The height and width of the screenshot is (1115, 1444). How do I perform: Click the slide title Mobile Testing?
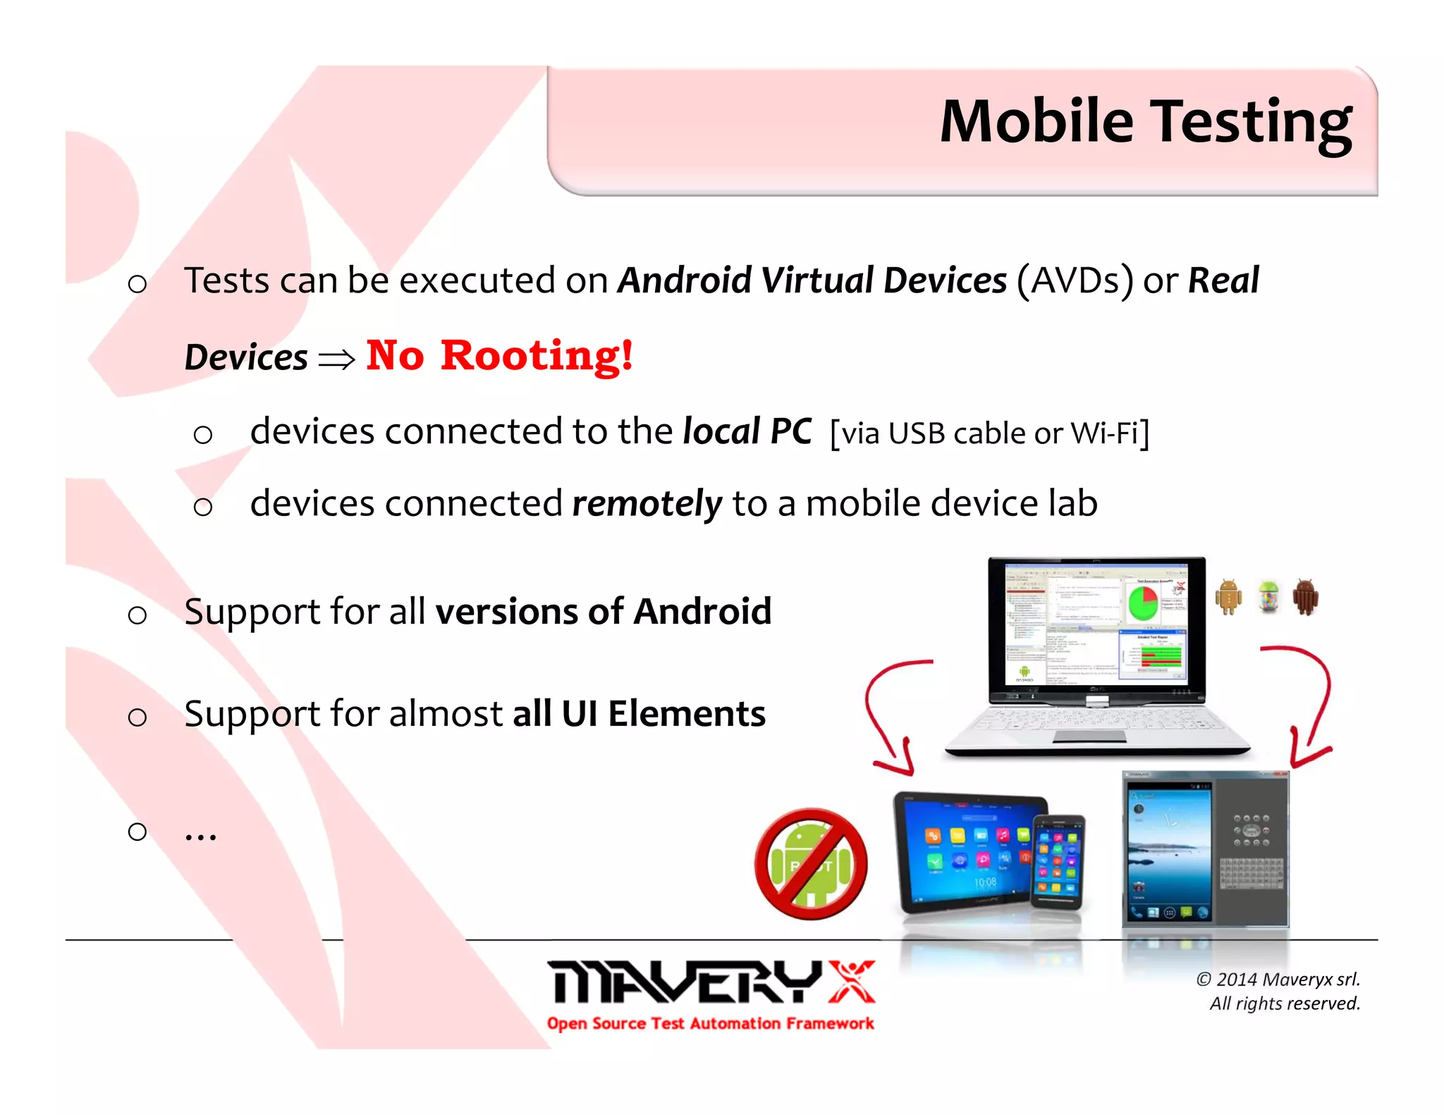coord(1145,123)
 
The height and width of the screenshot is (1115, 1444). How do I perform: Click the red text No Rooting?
coord(499,355)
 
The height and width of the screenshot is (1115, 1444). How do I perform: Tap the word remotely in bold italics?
coord(647,503)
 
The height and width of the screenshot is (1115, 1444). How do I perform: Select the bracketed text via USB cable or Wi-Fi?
coord(989,433)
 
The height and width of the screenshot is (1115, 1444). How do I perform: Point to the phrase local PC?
coord(747,431)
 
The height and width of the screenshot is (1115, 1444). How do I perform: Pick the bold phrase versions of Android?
coord(604,611)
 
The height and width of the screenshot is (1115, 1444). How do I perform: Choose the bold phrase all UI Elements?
coord(639,713)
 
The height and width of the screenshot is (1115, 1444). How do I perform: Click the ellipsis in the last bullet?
coord(200,834)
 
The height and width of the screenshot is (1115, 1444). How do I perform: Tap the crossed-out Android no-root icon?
coord(811,864)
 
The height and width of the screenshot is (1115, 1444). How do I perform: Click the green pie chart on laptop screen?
coord(1143,603)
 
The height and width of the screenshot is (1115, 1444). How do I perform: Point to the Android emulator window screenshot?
coord(1204,849)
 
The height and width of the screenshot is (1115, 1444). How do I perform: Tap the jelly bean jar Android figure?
coord(1268,596)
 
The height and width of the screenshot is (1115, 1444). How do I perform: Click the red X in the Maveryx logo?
coord(852,981)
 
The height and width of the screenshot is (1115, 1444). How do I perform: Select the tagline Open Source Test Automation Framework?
coord(710,1023)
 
